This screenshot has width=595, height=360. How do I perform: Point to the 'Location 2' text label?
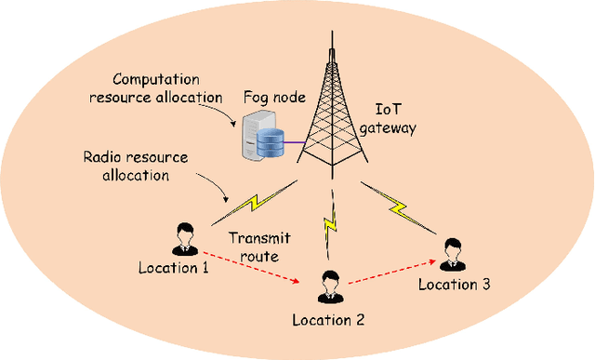pyautogui.click(x=328, y=319)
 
